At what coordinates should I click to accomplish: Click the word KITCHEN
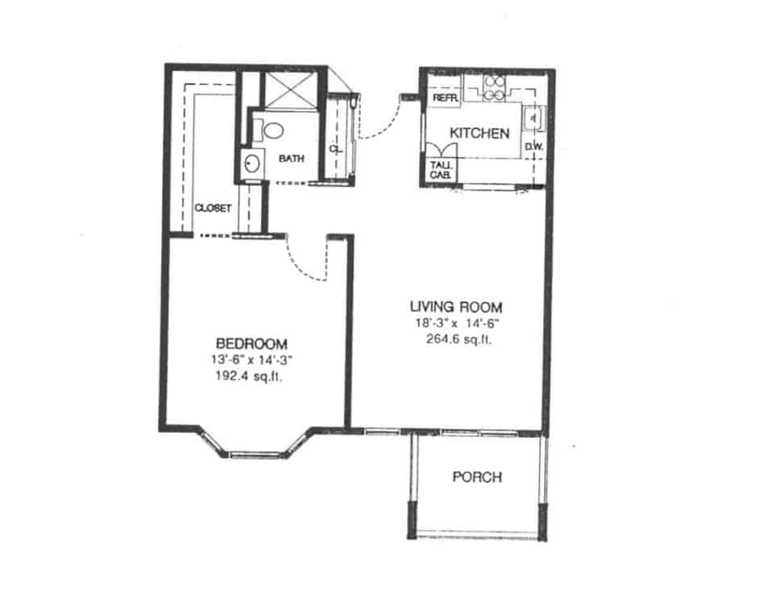pyautogui.click(x=479, y=133)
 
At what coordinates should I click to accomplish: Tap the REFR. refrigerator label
pyautogui.click(x=445, y=97)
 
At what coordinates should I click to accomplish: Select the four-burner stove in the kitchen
pyautogui.click(x=494, y=86)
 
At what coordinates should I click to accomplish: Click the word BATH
pyautogui.click(x=292, y=159)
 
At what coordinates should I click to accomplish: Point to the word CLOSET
pyautogui.click(x=213, y=208)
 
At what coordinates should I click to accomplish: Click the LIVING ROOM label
pyautogui.click(x=456, y=307)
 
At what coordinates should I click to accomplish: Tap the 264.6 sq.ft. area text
pyautogui.click(x=459, y=338)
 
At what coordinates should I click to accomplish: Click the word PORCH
pyautogui.click(x=477, y=478)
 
